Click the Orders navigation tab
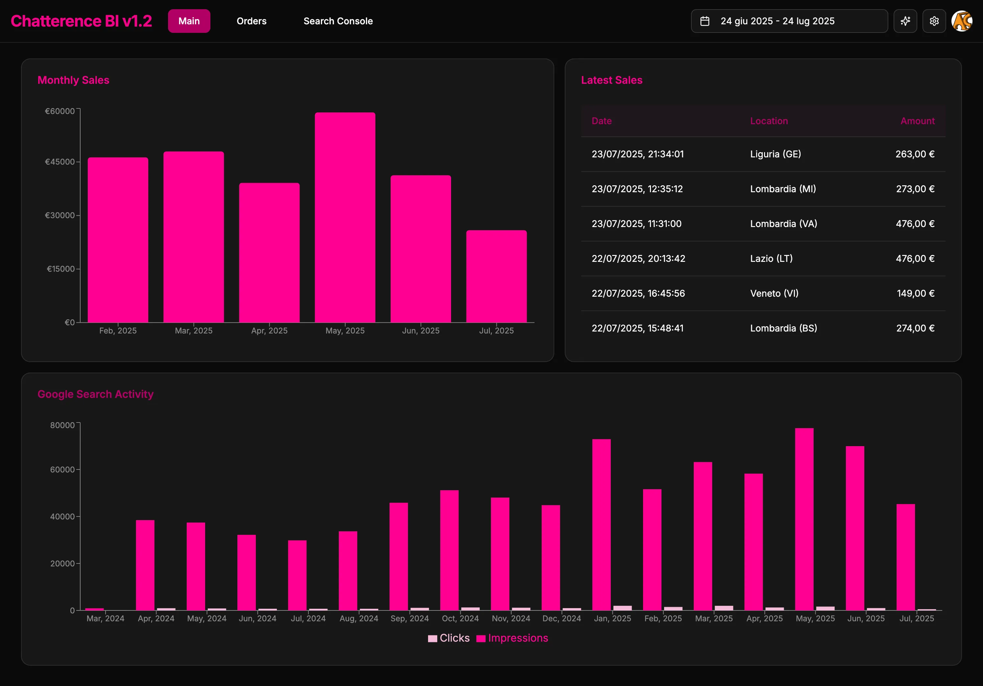point(251,21)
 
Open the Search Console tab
point(338,21)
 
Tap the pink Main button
point(189,21)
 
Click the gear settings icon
point(934,21)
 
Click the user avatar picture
point(961,21)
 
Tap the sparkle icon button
point(905,21)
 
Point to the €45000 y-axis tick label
point(60,162)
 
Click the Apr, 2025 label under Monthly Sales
point(269,331)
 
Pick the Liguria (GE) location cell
point(775,154)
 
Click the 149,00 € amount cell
point(915,293)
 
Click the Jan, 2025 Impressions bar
point(601,524)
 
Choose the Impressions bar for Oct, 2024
point(449,550)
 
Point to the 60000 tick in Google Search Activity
point(62,469)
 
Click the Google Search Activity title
point(95,394)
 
